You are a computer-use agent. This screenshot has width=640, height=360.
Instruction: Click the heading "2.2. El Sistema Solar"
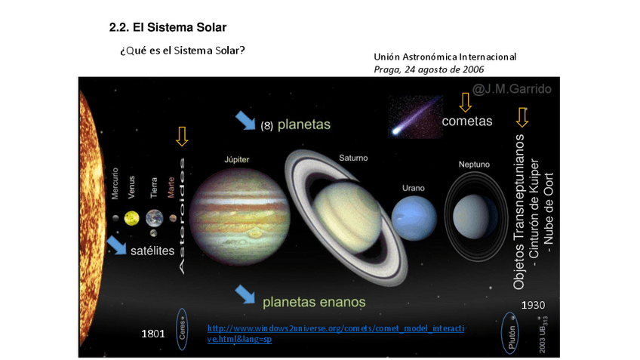click(168, 28)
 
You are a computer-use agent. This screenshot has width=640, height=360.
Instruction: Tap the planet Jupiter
click(239, 214)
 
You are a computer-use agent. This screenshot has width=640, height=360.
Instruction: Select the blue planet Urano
click(414, 217)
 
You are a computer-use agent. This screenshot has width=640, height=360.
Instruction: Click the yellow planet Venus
click(132, 218)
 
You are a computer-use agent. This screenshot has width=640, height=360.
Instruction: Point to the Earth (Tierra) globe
click(154, 218)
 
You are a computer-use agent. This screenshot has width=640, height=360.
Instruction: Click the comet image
click(414, 117)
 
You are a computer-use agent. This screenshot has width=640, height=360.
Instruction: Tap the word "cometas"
click(466, 121)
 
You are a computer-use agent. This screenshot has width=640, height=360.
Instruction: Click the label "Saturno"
click(353, 158)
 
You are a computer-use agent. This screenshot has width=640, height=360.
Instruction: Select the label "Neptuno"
click(474, 164)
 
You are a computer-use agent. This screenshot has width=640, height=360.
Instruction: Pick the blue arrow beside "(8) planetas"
click(245, 119)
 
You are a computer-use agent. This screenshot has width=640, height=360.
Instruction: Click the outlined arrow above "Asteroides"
click(181, 136)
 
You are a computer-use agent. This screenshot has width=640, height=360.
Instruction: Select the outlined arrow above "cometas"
click(465, 102)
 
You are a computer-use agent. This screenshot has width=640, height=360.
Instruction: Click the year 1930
click(533, 305)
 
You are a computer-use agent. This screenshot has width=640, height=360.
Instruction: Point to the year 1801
click(153, 333)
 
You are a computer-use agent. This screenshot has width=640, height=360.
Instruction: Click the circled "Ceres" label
click(181, 329)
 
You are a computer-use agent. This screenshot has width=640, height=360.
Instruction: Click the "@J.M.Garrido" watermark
click(512, 90)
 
